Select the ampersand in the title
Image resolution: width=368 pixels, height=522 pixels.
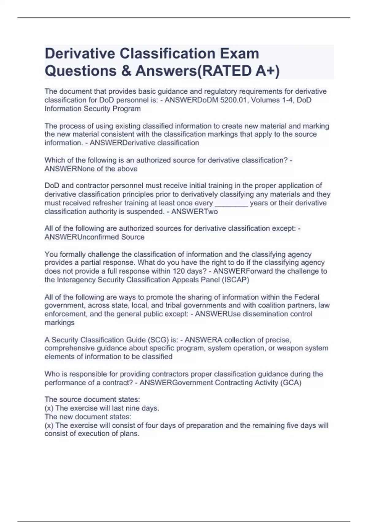coord(126,71)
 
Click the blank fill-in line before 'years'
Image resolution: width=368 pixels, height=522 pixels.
coord(231,203)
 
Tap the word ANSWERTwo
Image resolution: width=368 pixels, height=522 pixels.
coord(194,212)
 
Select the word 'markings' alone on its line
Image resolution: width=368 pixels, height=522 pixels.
coord(59,323)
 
